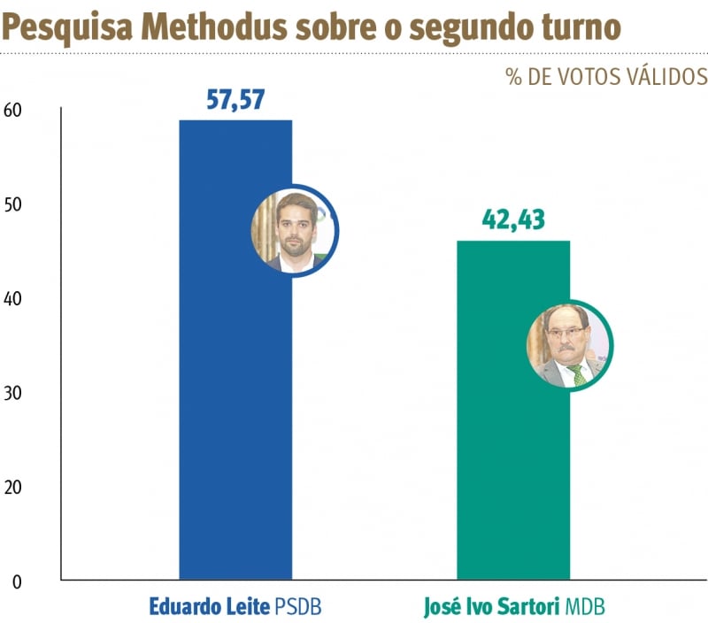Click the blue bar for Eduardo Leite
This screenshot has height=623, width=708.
235,425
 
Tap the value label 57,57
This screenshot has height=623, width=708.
235,100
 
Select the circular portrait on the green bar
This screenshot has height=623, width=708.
569,346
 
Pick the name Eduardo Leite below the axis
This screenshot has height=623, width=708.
209,608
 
